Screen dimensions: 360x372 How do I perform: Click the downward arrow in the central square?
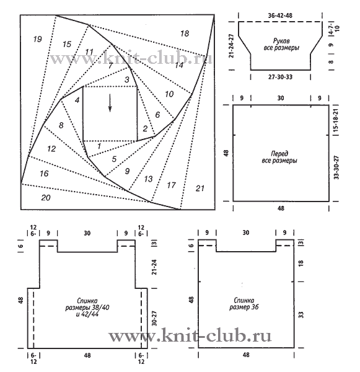click(x=110, y=103)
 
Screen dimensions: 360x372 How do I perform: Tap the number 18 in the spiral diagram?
click(x=185, y=33)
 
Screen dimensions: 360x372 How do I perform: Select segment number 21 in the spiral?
click(x=200, y=188)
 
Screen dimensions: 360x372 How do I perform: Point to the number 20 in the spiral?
click(x=46, y=197)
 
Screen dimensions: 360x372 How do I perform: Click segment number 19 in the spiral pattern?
click(x=37, y=39)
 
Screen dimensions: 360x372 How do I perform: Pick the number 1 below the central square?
click(x=99, y=146)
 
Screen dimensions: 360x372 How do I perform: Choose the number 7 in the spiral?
click(x=110, y=66)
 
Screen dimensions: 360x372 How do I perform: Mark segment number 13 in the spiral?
click(x=148, y=179)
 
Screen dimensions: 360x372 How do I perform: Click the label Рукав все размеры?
click(x=281, y=44)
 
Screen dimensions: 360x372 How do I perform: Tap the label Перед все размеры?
click(x=279, y=157)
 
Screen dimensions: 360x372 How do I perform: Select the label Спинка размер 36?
click(x=244, y=304)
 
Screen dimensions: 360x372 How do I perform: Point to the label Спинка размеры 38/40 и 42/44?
click(x=87, y=308)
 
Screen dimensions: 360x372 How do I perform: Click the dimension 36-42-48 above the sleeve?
click(x=280, y=15)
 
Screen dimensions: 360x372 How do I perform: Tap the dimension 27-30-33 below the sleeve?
click(x=280, y=77)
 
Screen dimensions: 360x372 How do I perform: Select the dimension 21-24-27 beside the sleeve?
click(x=232, y=46)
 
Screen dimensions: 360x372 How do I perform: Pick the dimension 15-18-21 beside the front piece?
click(x=336, y=120)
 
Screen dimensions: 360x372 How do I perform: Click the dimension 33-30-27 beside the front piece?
click(x=336, y=167)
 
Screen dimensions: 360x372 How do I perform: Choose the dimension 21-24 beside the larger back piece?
click(x=154, y=267)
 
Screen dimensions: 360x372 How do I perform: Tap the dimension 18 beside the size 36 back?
click(x=301, y=263)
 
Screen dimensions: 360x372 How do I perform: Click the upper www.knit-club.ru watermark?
click(x=131, y=58)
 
